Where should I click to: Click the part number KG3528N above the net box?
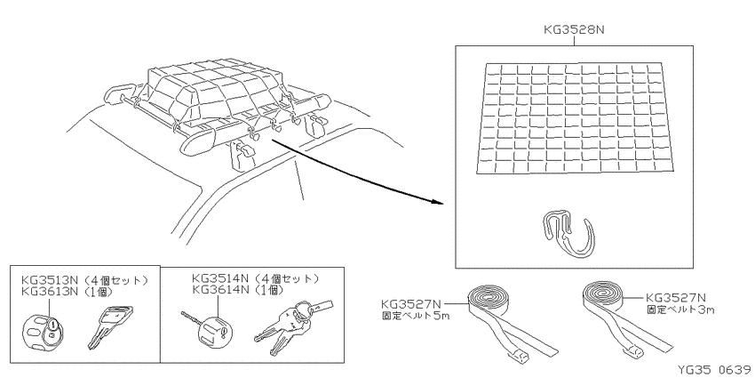[x=574, y=29]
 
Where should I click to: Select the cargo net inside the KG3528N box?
[x=575, y=117]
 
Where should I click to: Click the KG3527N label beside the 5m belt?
[x=410, y=304]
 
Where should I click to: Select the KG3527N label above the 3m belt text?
[x=676, y=297]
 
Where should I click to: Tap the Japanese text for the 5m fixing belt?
[x=415, y=316]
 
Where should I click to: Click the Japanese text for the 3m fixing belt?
[x=679, y=309]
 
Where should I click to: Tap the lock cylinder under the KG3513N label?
[x=43, y=331]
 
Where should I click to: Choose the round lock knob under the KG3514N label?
[x=215, y=332]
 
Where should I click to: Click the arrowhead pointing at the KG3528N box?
[x=436, y=202]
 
